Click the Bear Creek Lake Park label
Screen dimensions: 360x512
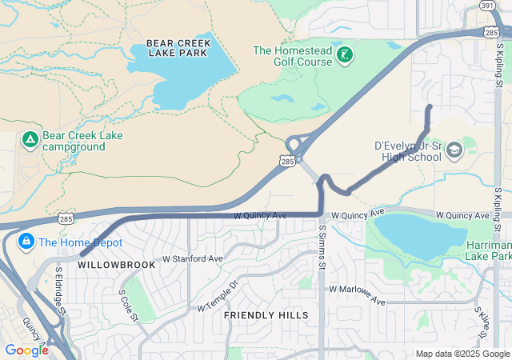click(x=177, y=47)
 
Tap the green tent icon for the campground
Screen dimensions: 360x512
click(x=30, y=141)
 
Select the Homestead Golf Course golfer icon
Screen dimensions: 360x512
click(x=345, y=55)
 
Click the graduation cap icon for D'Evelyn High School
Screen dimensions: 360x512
click(x=454, y=150)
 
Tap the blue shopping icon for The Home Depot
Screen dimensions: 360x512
click(x=26, y=241)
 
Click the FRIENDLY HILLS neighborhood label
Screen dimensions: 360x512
click(x=266, y=315)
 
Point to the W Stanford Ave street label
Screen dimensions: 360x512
click(x=192, y=259)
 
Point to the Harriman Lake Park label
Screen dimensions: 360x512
click(x=488, y=250)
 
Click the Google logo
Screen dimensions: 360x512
click(x=26, y=350)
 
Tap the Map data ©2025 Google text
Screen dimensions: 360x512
click(x=462, y=354)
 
